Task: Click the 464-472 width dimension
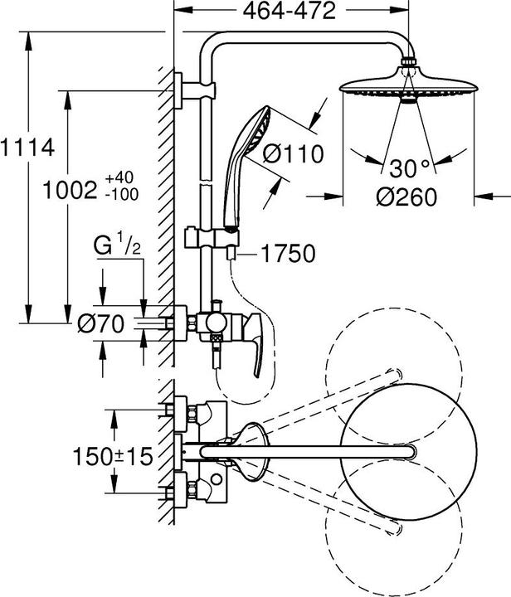pyautogui.click(x=291, y=12)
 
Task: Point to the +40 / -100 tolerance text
pyautogui.click(x=122, y=187)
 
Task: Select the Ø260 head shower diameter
pyautogui.click(x=406, y=197)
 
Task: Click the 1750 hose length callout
pyautogui.click(x=287, y=254)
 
